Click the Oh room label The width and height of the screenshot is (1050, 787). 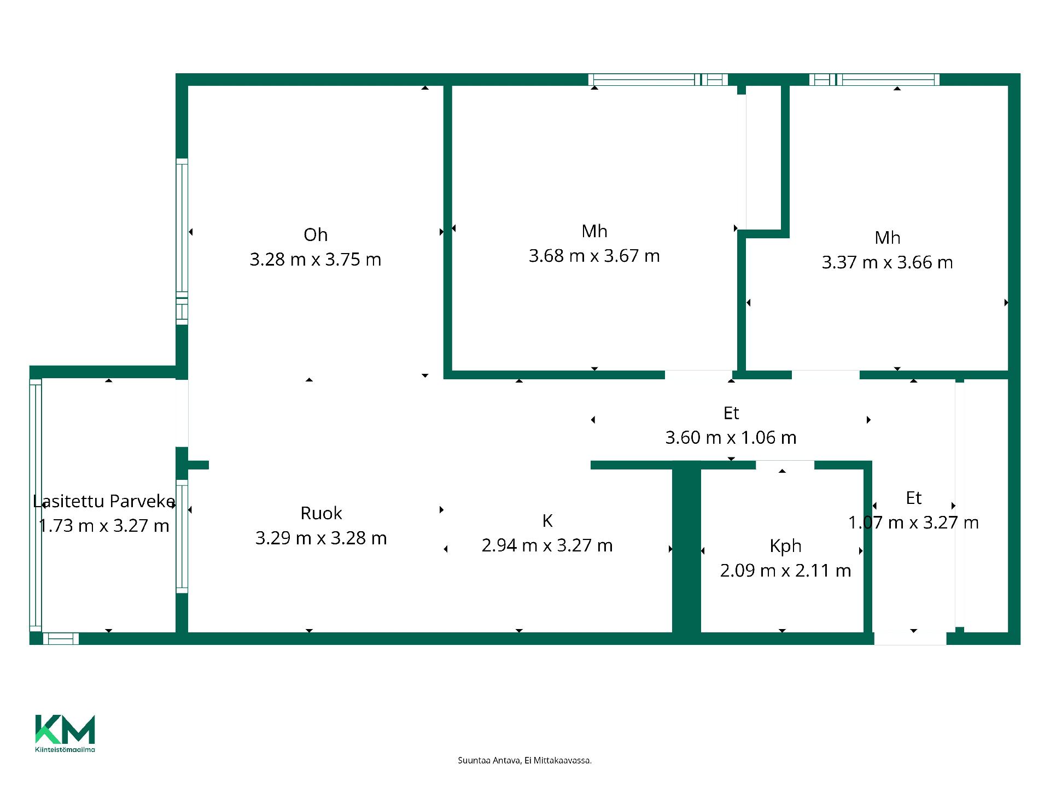pos(316,235)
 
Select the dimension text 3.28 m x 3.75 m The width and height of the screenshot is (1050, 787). pos(316,260)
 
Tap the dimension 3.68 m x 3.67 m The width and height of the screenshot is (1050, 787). pos(594,256)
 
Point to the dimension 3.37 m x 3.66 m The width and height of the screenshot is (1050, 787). pos(887,262)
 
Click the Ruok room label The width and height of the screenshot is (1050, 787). pos(321,513)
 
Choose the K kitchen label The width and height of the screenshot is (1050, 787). pos(547,521)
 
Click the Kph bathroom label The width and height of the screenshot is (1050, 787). pos(785,546)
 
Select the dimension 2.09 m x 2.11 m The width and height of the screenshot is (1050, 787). pos(785,571)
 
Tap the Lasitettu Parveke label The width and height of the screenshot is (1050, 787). pos(104,501)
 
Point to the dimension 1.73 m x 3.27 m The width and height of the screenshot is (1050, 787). pos(104,526)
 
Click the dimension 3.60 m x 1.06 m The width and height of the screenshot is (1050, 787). pos(731,437)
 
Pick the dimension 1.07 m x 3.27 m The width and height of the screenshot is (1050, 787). pos(913,522)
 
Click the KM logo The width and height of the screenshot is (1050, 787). pos(65,729)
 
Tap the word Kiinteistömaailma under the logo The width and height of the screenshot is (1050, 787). pos(65,749)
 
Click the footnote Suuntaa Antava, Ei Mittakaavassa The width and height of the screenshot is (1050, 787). pos(524,760)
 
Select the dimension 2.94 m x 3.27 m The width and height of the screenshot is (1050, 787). pos(547,545)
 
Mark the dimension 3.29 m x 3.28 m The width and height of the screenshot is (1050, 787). pos(321,538)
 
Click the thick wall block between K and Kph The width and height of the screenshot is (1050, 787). pos(686,548)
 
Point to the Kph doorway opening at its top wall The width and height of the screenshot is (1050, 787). pos(785,465)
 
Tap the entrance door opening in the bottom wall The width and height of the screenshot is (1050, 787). pos(911,638)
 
